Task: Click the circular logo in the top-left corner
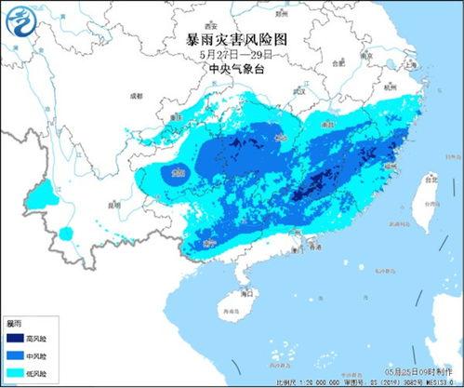[x=24, y=24]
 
